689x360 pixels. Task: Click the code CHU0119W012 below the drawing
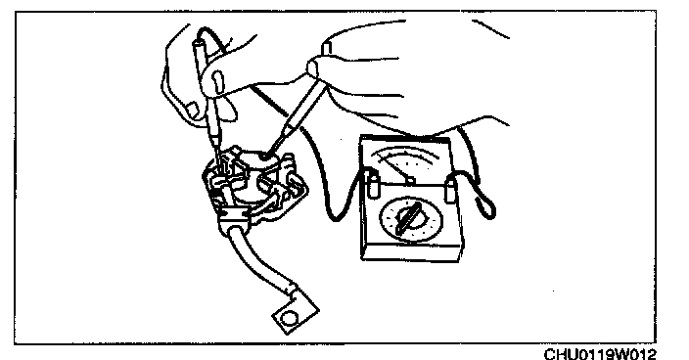tap(600, 354)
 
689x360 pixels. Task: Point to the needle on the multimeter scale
tap(393, 167)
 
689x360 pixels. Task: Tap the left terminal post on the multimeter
tap(372, 185)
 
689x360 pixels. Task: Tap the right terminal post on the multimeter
tap(449, 189)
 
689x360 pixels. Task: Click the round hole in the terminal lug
tap(289, 317)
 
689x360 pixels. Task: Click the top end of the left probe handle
tap(198, 43)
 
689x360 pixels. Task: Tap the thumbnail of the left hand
tap(218, 82)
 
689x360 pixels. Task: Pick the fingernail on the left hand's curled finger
tap(193, 109)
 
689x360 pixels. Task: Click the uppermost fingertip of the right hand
tap(327, 47)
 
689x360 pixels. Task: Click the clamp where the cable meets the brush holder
tap(232, 214)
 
